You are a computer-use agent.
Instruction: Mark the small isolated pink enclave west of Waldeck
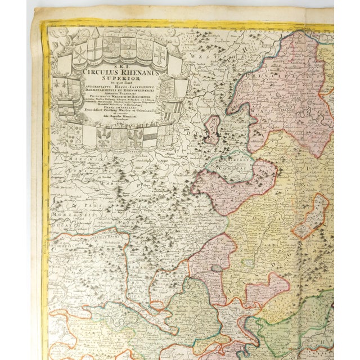coord(213,129)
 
